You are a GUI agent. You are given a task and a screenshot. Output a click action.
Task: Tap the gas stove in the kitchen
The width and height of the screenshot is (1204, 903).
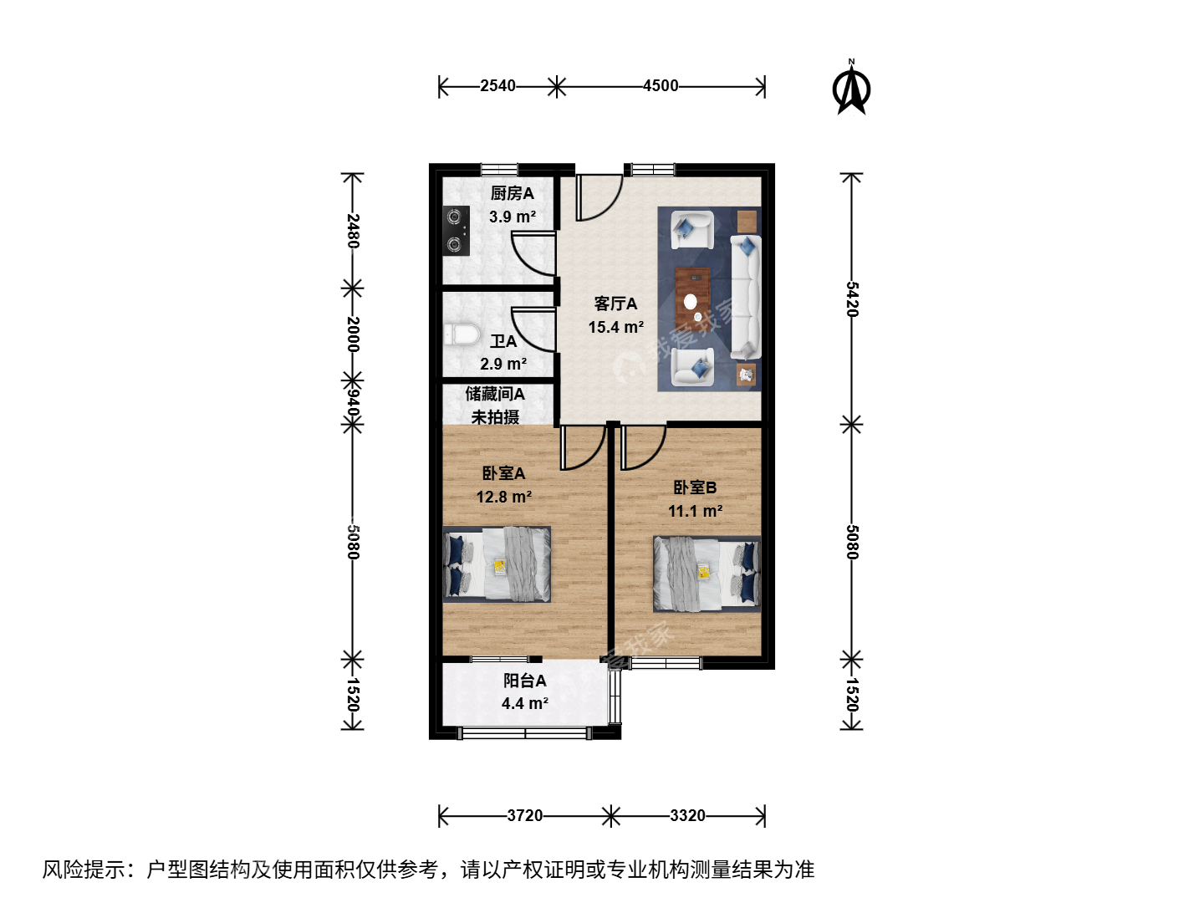pyautogui.click(x=456, y=231)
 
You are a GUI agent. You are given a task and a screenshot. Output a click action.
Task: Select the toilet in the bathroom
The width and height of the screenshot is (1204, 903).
pyautogui.click(x=462, y=334)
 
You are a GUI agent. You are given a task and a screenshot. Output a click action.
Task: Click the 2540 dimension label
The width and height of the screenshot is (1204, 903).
pyautogui.click(x=497, y=86)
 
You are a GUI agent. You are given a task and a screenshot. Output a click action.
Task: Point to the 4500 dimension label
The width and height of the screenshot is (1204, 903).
pyautogui.click(x=661, y=86)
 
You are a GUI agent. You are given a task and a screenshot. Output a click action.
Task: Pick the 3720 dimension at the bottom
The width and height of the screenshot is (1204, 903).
pyautogui.click(x=524, y=816)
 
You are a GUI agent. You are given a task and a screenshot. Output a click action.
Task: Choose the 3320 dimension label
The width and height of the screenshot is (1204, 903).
pyautogui.click(x=687, y=816)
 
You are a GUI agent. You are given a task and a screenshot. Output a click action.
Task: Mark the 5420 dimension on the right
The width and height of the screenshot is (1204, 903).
pyautogui.click(x=851, y=299)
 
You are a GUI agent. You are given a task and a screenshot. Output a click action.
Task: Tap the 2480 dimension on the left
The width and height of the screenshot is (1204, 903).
pyautogui.click(x=353, y=231)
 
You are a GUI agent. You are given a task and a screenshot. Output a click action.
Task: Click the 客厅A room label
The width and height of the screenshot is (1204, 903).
pyautogui.click(x=615, y=304)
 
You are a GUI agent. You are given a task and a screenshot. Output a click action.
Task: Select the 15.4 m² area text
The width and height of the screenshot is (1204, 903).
pyautogui.click(x=615, y=327)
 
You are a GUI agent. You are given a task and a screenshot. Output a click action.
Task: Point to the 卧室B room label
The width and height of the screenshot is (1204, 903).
pyautogui.click(x=695, y=487)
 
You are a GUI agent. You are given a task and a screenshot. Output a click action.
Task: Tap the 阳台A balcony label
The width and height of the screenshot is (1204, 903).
pyautogui.click(x=525, y=681)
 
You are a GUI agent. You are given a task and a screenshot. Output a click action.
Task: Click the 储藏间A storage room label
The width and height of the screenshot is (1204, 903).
pyautogui.click(x=495, y=394)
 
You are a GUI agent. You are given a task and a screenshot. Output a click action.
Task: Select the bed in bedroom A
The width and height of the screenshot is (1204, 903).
pyautogui.click(x=497, y=564)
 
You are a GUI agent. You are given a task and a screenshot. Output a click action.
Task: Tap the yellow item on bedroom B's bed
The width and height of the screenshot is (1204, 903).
pyautogui.click(x=704, y=572)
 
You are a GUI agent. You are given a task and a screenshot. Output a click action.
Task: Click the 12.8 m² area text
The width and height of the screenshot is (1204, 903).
pyautogui.click(x=503, y=497)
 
